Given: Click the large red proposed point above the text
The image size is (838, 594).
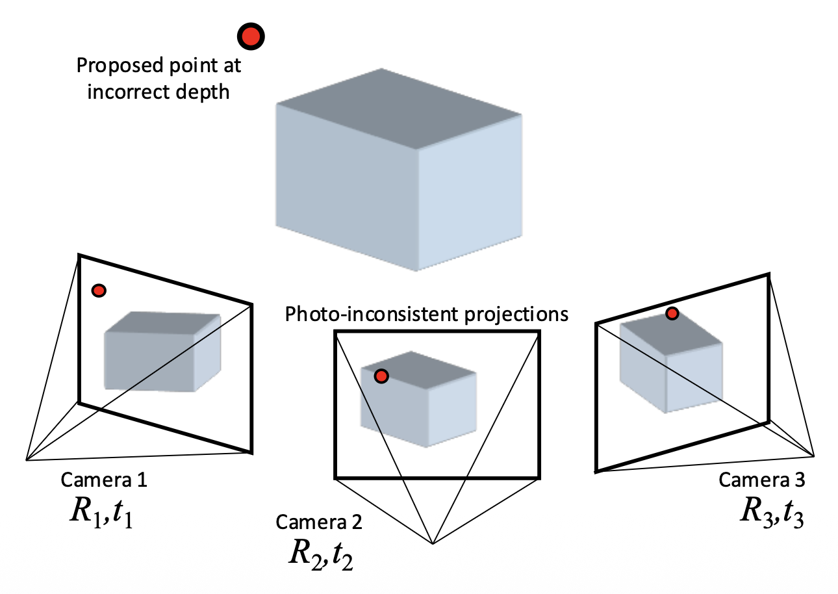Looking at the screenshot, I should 251,36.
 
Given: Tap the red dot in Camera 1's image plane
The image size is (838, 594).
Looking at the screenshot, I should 98,291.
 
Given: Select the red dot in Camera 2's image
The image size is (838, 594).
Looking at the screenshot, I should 381,376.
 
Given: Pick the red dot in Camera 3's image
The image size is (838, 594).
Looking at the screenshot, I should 672,314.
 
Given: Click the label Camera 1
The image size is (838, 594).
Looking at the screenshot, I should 104,480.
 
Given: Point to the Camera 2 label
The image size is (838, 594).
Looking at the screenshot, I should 319,522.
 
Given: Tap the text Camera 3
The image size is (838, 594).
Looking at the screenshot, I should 761,480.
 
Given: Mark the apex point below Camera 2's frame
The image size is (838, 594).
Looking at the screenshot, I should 433,543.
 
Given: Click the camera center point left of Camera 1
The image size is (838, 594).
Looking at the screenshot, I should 26,460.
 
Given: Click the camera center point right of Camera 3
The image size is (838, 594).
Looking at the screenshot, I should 814,456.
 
